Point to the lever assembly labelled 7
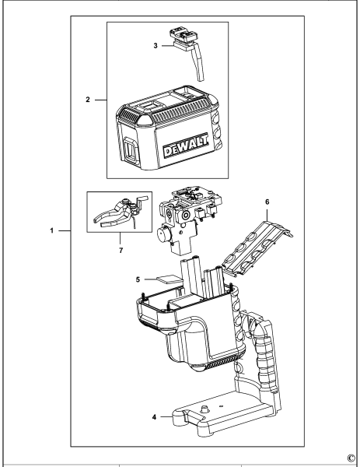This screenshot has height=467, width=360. [117, 217]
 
